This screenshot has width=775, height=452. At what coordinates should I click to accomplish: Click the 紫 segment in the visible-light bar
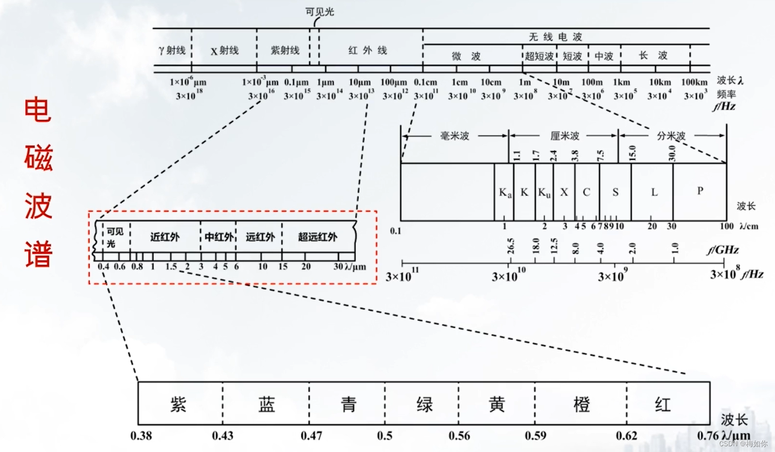[178, 404]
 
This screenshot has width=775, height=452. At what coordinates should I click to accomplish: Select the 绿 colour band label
[424, 404]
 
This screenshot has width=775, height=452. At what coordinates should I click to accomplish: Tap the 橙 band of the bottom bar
[581, 404]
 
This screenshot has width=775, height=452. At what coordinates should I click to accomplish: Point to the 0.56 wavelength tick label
[459, 436]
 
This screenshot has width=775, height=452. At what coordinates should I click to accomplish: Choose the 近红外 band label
[165, 237]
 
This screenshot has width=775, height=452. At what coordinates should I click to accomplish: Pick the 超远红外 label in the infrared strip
[317, 237]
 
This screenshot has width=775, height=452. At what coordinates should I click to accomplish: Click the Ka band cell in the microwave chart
[505, 193]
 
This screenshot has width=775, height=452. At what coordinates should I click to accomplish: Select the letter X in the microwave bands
[564, 192]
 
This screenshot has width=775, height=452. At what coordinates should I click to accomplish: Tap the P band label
[700, 191]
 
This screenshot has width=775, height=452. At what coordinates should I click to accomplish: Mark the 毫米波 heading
[454, 136]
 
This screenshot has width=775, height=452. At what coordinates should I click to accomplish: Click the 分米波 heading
[671, 136]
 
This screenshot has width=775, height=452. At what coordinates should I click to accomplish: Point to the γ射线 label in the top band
[172, 50]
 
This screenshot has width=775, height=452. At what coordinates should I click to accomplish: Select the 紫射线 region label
[285, 50]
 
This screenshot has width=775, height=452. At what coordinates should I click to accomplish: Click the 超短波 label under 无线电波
[539, 56]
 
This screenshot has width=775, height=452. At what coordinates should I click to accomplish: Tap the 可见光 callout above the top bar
[319, 12]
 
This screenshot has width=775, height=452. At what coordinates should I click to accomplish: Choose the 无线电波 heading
[555, 37]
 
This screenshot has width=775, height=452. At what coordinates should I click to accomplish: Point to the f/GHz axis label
[722, 250]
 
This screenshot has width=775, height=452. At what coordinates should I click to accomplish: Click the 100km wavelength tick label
[694, 82]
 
